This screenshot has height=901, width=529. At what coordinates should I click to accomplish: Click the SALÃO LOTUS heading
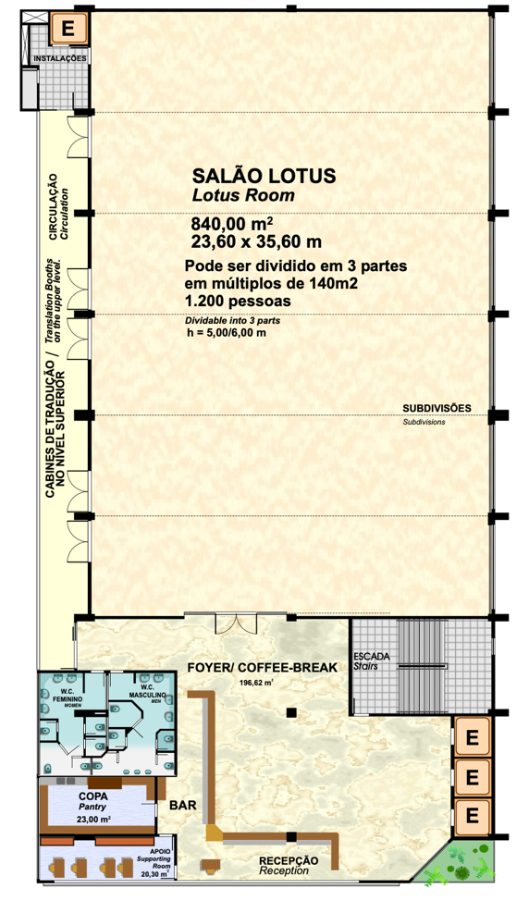(264, 175)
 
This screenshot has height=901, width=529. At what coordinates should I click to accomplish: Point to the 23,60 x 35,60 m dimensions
(256, 242)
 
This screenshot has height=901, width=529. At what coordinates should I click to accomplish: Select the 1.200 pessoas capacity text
(237, 301)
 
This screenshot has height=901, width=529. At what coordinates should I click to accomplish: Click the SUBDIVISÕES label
(437, 409)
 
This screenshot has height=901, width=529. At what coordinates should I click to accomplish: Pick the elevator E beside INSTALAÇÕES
(68, 28)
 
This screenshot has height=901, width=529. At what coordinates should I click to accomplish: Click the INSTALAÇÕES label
(60, 58)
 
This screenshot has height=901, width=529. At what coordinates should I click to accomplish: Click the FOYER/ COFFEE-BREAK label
(263, 668)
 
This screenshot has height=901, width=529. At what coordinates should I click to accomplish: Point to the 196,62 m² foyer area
(256, 684)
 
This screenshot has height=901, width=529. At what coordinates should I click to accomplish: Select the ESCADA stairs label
(371, 656)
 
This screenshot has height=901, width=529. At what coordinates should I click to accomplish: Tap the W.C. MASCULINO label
(148, 691)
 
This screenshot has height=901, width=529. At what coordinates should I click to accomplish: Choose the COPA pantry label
(93, 797)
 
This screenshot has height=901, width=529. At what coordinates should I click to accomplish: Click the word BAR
(182, 805)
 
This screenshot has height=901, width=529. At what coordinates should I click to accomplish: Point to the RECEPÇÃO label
(289, 860)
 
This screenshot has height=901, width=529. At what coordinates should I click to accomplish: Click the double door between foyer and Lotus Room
(236, 624)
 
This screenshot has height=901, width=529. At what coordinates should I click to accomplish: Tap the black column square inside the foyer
(291, 712)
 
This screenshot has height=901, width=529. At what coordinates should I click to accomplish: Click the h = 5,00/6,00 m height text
(227, 333)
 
